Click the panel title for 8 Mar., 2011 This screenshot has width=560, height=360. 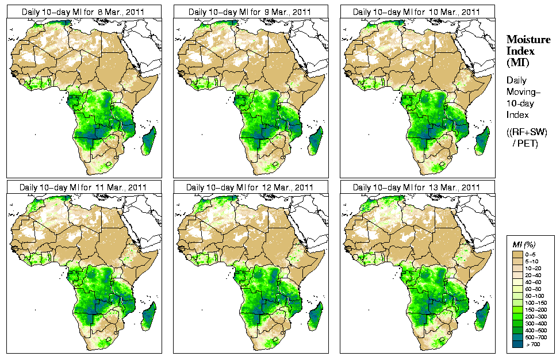(83, 12)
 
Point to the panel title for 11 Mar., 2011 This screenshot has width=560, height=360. (83, 187)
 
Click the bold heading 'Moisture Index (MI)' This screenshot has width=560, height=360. (520, 50)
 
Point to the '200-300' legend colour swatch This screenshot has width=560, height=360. (517, 316)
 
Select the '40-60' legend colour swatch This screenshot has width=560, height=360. (517, 281)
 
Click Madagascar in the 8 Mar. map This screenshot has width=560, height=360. (149, 141)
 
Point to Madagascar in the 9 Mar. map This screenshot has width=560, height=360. (316, 141)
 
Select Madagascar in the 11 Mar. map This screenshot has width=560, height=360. (149, 317)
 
